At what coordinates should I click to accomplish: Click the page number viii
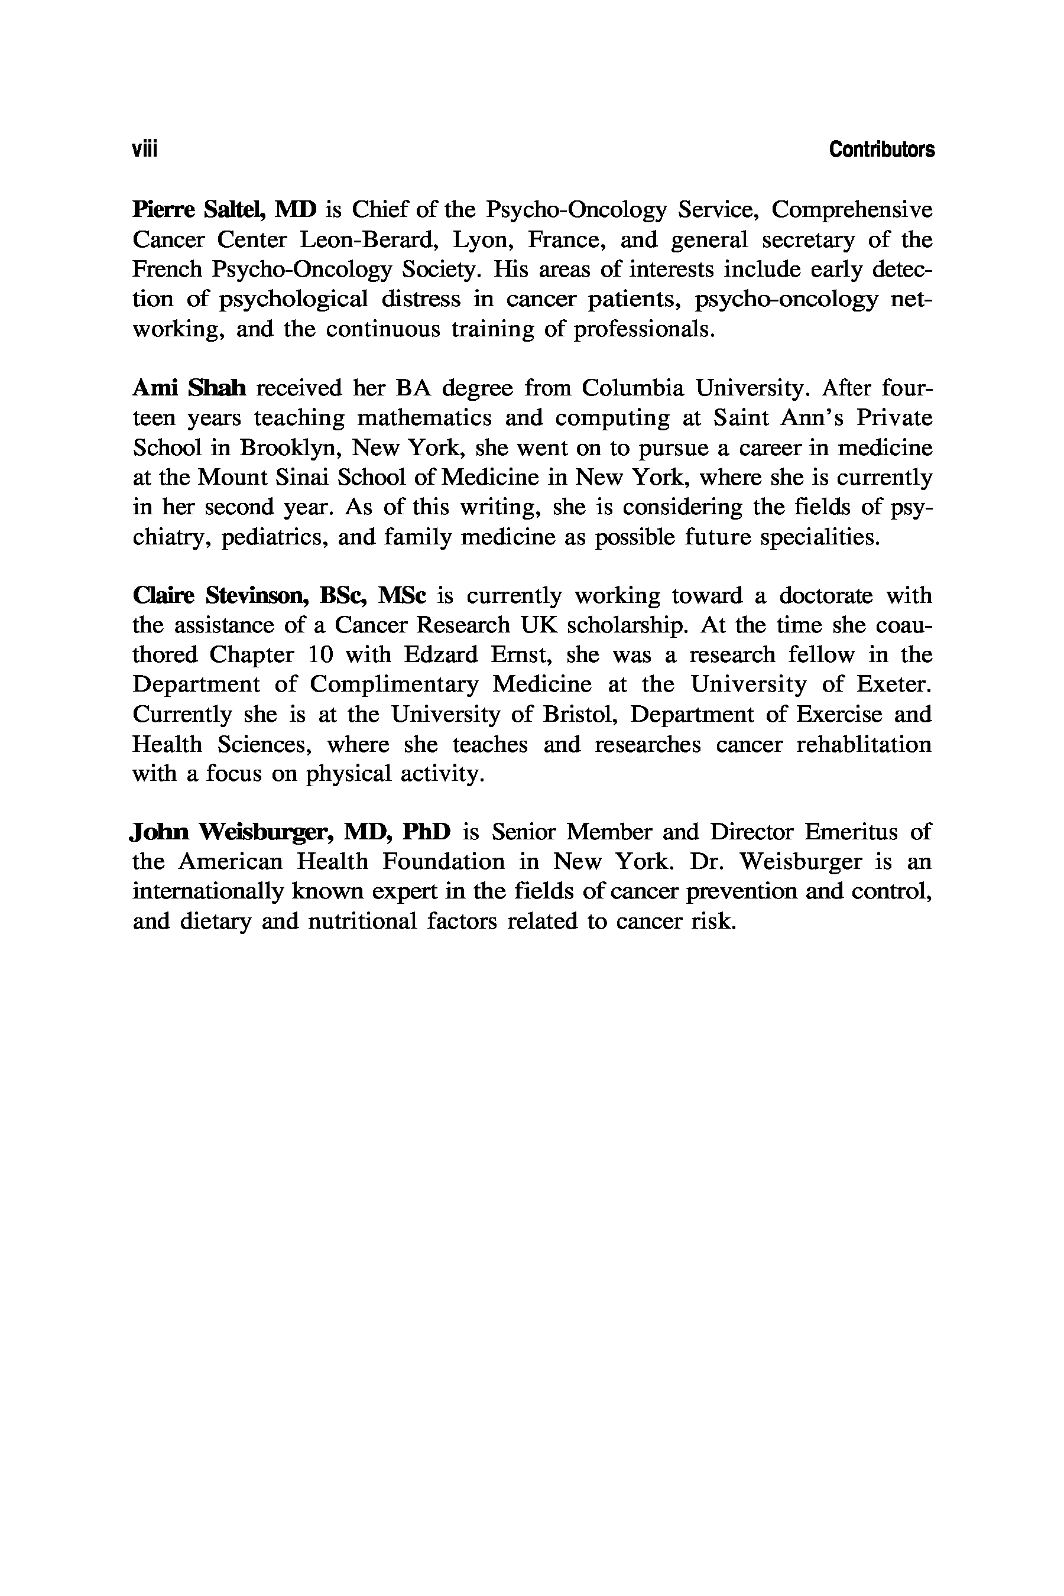click(x=145, y=150)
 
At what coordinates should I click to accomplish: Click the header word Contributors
click(x=881, y=150)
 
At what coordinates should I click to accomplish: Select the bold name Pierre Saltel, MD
click(x=225, y=210)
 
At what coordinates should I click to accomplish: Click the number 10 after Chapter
click(x=322, y=655)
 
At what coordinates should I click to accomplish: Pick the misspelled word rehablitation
click(x=863, y=744)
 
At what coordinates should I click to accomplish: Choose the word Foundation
click(x=443, y=862)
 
